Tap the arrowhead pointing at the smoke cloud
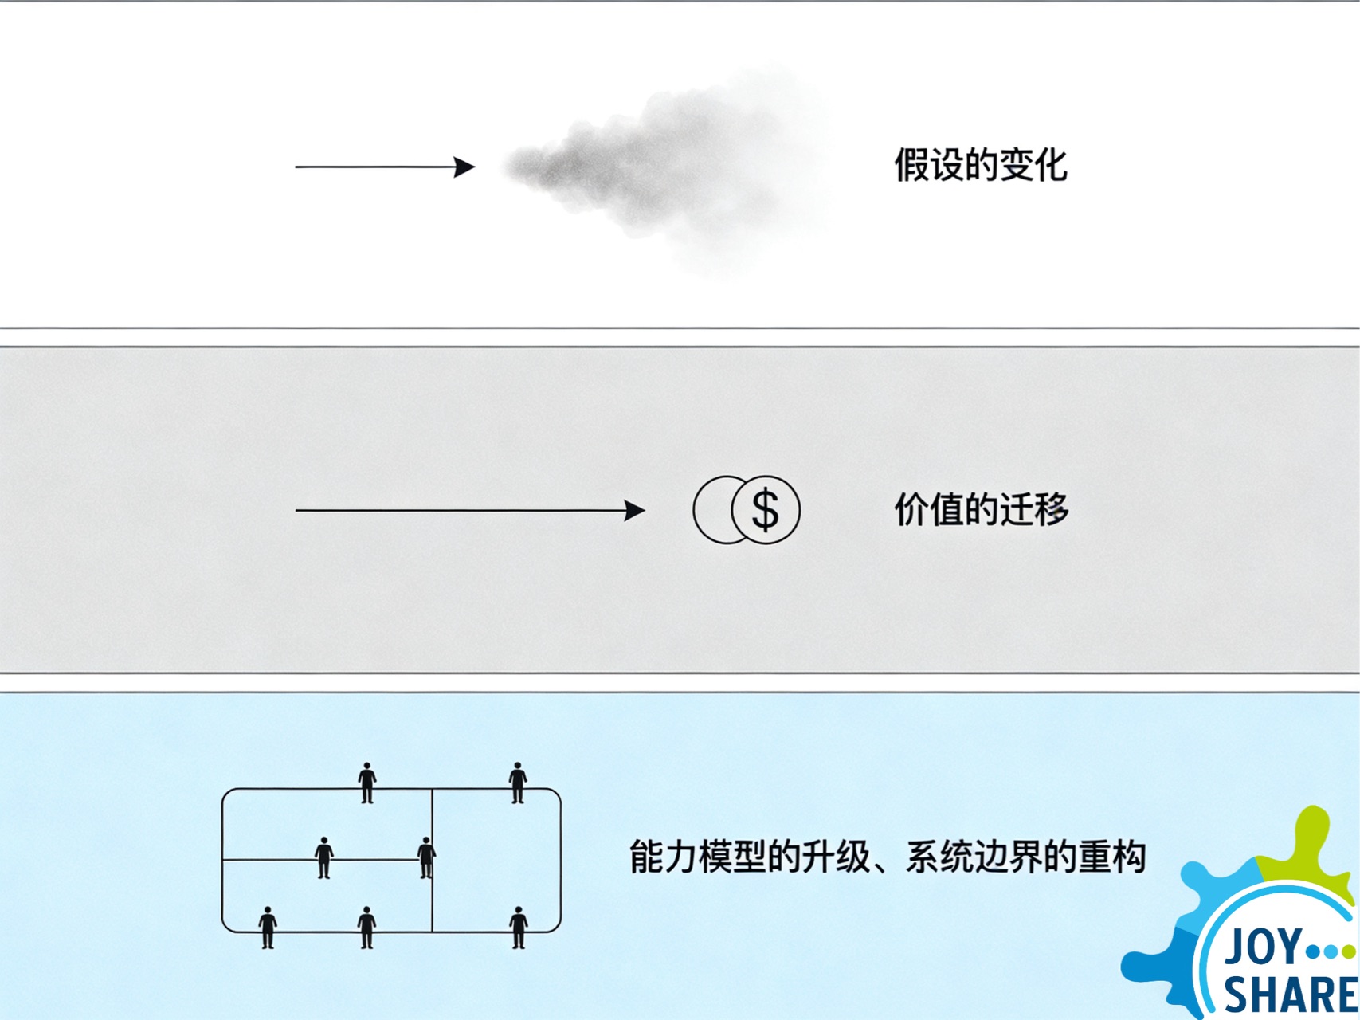point(465,167)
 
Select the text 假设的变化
point(980,166)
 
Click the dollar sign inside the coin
point(765,510)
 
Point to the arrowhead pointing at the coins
point(635,510)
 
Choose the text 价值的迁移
point(981,509)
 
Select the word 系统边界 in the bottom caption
point(973,857)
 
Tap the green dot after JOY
point(1348,951)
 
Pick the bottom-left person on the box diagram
point(268,927)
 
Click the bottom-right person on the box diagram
point(519,927)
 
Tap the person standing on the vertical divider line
point(426,857)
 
